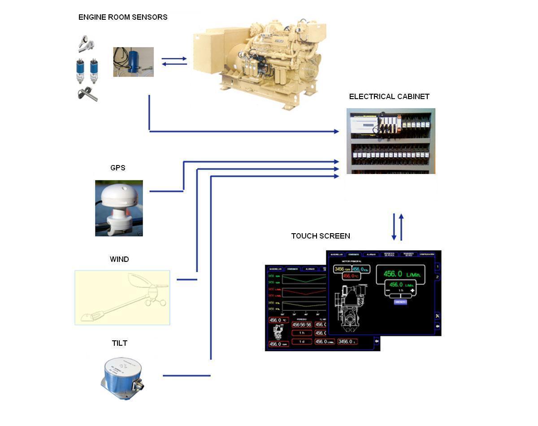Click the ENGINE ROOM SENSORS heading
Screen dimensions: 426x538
(123, 17)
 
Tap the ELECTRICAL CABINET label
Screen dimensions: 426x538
(389, 96)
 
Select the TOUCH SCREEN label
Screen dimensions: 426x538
(321, 236)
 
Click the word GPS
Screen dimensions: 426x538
(118, 168)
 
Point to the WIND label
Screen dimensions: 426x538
(119, 259)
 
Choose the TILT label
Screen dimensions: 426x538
(119, 343)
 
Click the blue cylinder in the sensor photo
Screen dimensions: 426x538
(133, 62)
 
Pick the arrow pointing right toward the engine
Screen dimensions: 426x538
(174, 59)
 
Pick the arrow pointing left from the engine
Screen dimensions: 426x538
(174, 64)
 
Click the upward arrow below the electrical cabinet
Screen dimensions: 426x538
(401, 226)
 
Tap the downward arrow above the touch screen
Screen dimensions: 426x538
(394, 226)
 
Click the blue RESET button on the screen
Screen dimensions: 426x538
(400, 302)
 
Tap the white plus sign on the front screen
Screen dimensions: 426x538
(412, 291)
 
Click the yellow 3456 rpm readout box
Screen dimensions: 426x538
(343, 269)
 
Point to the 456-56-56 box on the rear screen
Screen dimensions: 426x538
(301, 325)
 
